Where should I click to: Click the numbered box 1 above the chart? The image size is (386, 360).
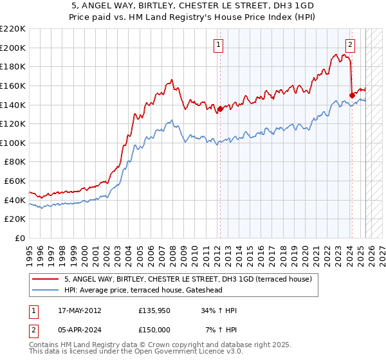coord(219,44)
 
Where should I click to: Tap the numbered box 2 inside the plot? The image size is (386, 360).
coord(350,44)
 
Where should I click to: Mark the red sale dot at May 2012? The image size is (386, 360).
coord(220,109)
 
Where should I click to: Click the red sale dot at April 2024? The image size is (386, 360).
coord(352,95)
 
